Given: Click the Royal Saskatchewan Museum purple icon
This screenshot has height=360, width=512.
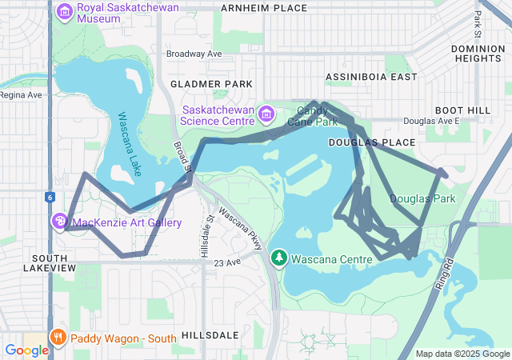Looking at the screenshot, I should point(64,12).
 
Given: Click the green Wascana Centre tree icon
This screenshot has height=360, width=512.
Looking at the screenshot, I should point(278,258).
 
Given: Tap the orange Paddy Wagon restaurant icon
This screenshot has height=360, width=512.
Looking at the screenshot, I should point(58,338).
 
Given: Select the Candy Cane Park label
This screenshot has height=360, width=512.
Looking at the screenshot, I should point(317,116).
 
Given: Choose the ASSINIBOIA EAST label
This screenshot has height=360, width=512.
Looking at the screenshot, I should point(371,77).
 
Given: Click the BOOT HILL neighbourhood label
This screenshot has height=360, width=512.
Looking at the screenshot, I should point(462,110).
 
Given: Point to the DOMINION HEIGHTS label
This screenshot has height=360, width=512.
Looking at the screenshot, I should point(478,54).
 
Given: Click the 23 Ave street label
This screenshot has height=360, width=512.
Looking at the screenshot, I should point(227,262).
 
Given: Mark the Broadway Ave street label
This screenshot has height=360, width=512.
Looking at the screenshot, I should point(194,54).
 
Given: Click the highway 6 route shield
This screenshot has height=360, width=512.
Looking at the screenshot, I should point(50,197).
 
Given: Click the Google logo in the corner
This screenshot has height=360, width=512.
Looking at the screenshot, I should point(26,350).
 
